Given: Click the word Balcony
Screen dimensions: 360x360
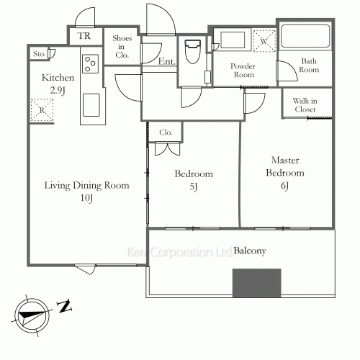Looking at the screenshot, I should pos(250,251).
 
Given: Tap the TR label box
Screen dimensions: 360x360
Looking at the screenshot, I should pos(84,35).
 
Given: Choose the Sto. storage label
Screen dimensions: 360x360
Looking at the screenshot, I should pos(38,54).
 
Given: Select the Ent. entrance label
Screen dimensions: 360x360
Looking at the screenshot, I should pos(166,63).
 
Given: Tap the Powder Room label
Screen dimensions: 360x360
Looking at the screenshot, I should pos(243,70).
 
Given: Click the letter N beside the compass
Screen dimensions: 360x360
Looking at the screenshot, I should pos(64,307).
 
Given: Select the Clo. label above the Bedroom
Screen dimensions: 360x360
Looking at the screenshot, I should pos(165,132).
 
